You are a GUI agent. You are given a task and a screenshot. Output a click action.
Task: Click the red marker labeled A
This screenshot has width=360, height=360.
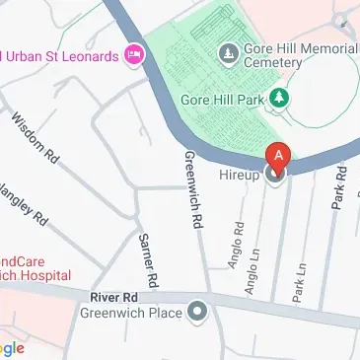click(279, 156)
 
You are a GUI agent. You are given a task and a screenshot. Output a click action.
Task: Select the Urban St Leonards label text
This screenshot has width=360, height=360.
click(61, 54)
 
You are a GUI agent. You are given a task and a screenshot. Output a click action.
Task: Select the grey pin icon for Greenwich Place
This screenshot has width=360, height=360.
click(199, 313)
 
